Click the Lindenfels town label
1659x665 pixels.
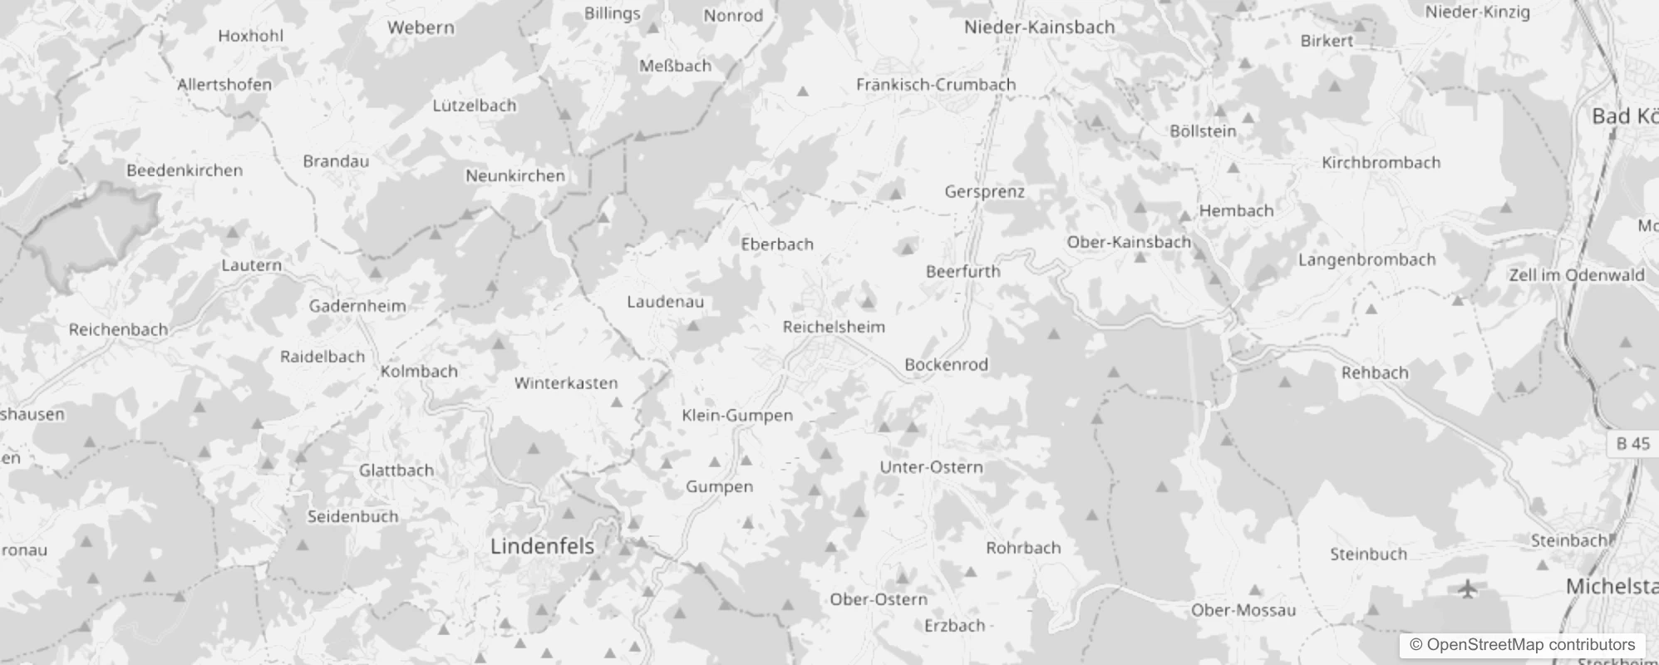coord(542,546)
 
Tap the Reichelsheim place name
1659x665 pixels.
coord(834,327)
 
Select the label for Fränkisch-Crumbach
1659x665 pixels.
coord(936,84)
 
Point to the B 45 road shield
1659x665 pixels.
coord(1632,443)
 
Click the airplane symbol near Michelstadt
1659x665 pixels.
coord(1469,589)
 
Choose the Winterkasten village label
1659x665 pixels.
coord(565,383)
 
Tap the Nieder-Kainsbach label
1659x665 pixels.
coord(1039,27)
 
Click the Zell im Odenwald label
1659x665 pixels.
coord(1577,275)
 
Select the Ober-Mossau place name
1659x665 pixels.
coord(1243,610)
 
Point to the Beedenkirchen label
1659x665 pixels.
coord(185,170)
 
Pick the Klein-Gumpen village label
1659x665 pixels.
coord(737,415)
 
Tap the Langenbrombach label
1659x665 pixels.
coord(1366,259)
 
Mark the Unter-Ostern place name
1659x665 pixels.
coord(931,467)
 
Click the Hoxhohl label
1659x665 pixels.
coord(250,36)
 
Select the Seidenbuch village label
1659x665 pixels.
coord(352,516)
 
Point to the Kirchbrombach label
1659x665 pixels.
coord(1381,162)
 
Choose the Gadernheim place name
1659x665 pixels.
coord(357,306)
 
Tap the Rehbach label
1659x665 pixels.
coord(1375,372)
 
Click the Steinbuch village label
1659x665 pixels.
coord(1368,554)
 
